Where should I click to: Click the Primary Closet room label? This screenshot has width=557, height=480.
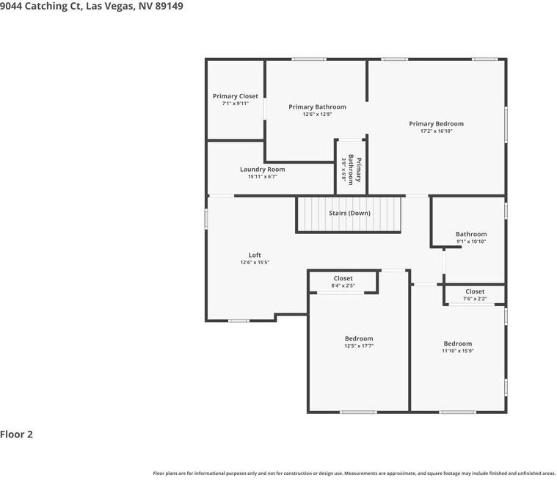(235, 96)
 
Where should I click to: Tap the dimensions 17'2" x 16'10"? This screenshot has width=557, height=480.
(436, 131)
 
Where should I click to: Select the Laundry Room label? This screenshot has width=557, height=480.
(262, 169)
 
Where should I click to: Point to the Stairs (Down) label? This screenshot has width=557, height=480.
(349, 213)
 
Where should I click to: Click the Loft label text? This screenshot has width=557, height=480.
(255, 255)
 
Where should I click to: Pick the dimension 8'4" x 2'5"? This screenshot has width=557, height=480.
(343, 286)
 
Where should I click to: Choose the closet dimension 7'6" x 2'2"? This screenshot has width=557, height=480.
(475, 299)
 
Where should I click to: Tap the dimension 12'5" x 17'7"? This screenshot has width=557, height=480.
(359, 346)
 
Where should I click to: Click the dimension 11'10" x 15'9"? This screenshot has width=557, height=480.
(457, 351)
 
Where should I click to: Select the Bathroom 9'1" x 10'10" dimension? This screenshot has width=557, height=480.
(471, 241)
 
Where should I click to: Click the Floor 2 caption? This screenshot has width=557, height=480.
(16, 434)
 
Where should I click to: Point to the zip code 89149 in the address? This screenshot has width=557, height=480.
(169, 6)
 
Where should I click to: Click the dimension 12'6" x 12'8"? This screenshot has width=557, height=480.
(317, 114)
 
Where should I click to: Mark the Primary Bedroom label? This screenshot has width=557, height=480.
(436, 123)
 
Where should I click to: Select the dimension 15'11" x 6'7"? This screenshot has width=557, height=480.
(262, 176)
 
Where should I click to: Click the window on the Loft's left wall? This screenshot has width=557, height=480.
(206, 219)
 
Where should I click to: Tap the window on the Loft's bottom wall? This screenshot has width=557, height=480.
(239, 321)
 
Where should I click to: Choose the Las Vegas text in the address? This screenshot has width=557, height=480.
(110, 6)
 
